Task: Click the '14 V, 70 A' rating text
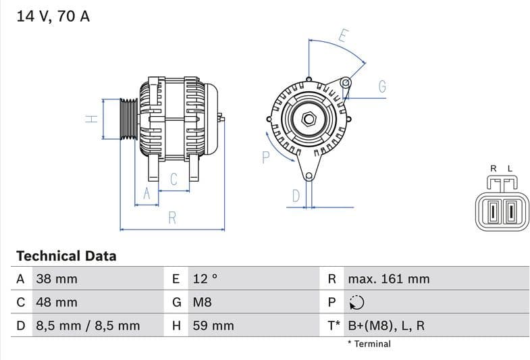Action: (x=53, y=17)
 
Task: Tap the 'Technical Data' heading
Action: (x=66, y=256)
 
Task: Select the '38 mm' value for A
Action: (x=56, y=279)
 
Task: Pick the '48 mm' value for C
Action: (x=56, y=303)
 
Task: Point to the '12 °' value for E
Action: (x=205, y=279)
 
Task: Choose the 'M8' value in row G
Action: (x=203, y=303)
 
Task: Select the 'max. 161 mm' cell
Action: (x=388, y=279)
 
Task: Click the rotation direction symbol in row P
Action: (x=356, y=303)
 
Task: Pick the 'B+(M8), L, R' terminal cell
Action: (x=386, y=326)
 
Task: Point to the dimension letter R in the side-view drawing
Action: (x=173, y=217)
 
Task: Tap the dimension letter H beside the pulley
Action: (x=92, y=119)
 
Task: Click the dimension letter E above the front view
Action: (x=342, y=36)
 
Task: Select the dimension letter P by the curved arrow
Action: (x=265, y=157)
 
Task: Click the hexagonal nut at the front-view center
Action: (x=309, y=119)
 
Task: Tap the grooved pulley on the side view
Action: (x=128, y=119)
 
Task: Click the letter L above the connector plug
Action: (x=510, y=168)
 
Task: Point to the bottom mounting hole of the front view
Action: (x=309, y=177)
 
